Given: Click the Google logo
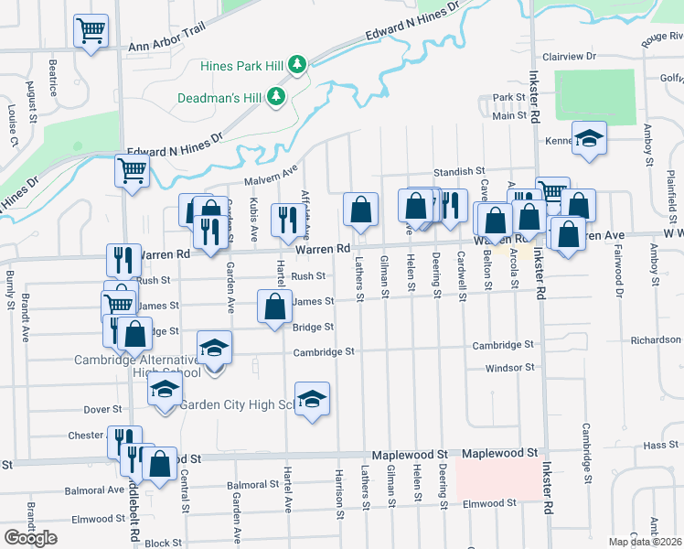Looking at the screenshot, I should [x=30, y=538].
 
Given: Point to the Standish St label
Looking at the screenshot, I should [x=458, y=171].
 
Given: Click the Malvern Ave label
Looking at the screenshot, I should [x=271, y=174].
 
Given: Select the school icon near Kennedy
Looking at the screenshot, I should [x=589, y=138].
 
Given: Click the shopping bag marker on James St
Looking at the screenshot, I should [x=274, y=307].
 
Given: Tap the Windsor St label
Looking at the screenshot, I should [x=509, y=368].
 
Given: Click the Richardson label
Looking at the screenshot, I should [x=656, y=339].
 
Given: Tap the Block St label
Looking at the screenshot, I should [x=164, y=543].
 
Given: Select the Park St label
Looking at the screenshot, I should [x=508, y=97].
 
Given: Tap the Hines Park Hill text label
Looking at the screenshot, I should [x=241, y=65].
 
